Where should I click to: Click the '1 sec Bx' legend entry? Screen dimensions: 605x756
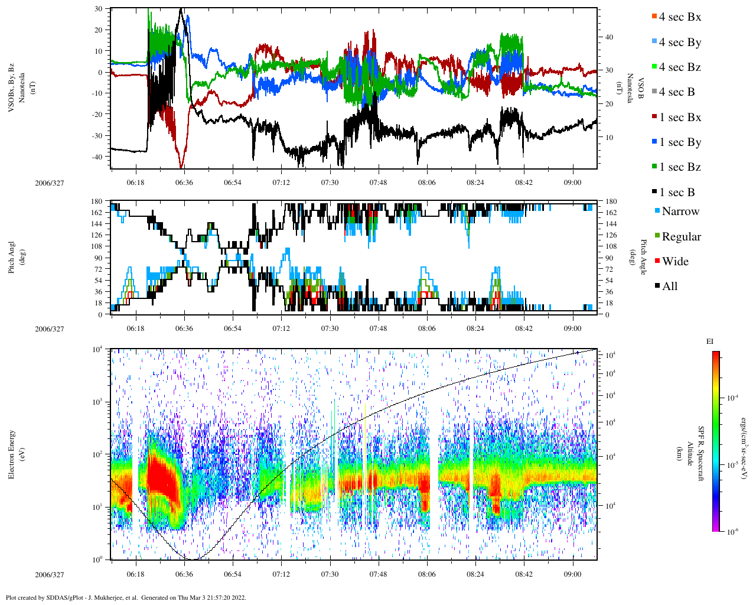point(679,118)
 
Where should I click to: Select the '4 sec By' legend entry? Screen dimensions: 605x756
point(679,43)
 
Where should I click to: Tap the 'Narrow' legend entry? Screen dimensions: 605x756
point(680,212)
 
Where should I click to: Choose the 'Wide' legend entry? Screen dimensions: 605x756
point(674,262)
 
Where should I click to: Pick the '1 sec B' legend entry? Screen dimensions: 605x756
point(676,193)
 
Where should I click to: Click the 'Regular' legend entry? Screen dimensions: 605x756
point(680,237)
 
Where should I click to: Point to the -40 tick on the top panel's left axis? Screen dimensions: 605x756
point(99,157)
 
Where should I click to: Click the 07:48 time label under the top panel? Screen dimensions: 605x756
point(378,183)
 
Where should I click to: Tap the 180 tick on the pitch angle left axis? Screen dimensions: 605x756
point(97,202)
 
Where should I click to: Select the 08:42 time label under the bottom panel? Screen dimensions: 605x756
point(524,574)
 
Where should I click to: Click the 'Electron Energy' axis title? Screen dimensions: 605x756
point(12,454)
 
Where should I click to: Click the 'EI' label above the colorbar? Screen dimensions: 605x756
point(710,341)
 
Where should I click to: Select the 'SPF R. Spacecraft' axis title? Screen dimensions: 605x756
point(701,454)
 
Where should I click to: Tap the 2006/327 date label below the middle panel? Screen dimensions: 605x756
point(49,329)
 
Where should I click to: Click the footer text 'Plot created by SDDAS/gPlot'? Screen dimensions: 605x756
point(71,597)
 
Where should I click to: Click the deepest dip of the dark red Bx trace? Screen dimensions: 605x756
point(181,168)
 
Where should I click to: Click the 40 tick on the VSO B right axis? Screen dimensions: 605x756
point(609,37)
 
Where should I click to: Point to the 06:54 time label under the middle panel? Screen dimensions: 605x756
point(233,328)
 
